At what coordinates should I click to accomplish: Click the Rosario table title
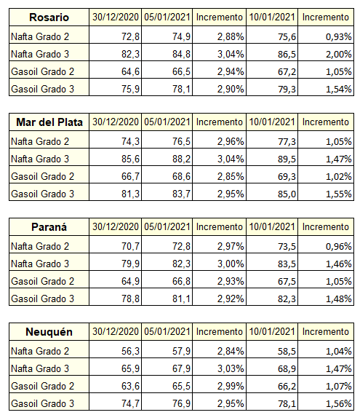click(x=49, y=17)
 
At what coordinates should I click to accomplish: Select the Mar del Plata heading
click(x=49, y=122)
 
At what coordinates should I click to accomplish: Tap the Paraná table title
click(x=49, y=227)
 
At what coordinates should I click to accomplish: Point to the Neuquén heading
click(x=49, y=332)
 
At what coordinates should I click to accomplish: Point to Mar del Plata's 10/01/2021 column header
click(x=272, y=122)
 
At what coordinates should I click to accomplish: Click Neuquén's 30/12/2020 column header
click(x=116, y=331)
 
